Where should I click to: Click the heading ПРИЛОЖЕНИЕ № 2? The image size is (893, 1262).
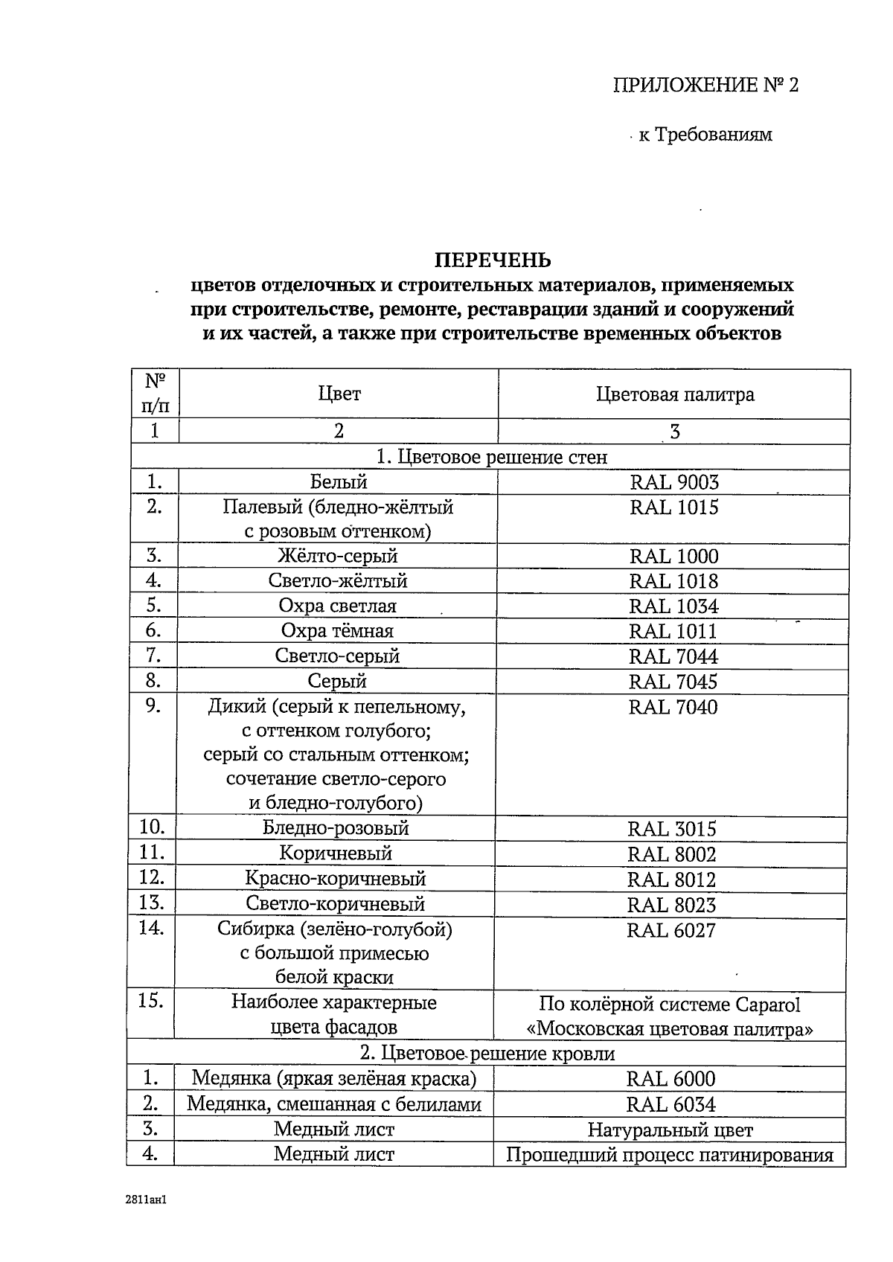coord(705,85)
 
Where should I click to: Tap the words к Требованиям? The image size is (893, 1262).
coord(705,135)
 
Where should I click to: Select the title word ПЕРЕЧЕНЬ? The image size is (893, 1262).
coord(493,260)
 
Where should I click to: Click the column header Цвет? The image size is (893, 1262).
coord(339,394)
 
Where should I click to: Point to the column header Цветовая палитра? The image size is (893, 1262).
coord(675,394)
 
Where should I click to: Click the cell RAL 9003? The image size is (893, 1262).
coord(674,482)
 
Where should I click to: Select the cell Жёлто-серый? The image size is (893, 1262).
coord(338,556)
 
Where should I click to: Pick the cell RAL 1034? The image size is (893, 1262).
coord(673,606)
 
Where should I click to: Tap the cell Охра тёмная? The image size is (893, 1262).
coord(337,631)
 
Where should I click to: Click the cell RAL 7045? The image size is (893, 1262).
coord(673,681)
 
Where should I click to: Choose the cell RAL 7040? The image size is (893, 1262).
coord(673,706)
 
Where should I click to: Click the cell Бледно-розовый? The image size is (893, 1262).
coord(336,827)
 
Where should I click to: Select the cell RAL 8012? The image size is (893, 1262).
coord(671,880)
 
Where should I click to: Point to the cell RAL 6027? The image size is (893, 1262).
coord(671,930)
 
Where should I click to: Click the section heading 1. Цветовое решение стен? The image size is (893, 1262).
coord(492,457)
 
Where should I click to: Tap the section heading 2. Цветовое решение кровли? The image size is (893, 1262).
coord(487,1053)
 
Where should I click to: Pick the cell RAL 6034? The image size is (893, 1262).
coord(670,1104)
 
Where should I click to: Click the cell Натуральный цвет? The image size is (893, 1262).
coord(670,1130)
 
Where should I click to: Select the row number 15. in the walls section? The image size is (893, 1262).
coord(151,1001)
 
